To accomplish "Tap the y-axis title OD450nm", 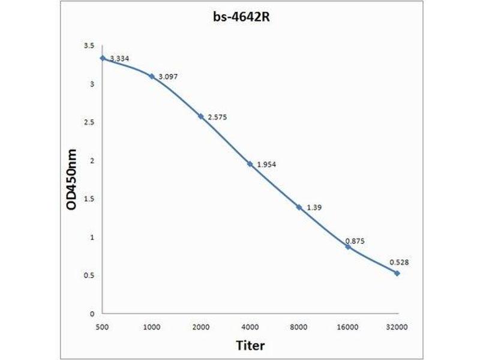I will pyautogui.click(x=71, y=180).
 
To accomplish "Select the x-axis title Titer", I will pyautogui.click(x=250, y=346).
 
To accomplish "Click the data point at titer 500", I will pyautogui.click(x=103, y=58).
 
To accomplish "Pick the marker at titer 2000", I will pyautogui.click(x=201, y=116).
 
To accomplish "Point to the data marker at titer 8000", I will pyautogui.click(x=299, y=207).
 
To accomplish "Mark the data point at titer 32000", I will pyautogui.click(x=397, y=273).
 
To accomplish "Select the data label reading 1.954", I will pyautogui.click(x=266, y=164).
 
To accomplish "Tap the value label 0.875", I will pyautogui.click(x=355, y=241).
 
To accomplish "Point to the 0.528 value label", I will pyautogui.click(x=399, y=262).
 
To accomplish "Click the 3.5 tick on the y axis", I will pyautogui.click(x=89, y=46).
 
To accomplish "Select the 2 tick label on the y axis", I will pyautogui.click(x=92, y=161).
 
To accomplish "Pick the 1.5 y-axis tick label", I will pyautogui.click(x=89, y=199).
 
